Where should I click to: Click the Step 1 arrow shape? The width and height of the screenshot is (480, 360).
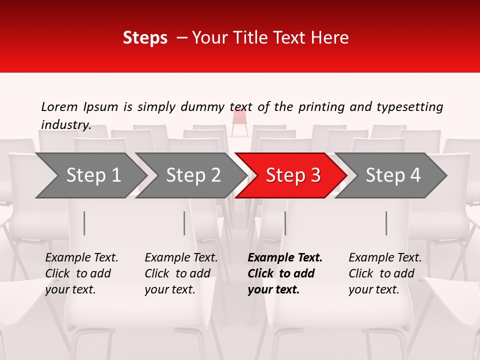point(92,175)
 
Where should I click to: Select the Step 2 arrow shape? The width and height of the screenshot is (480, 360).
point(192,175)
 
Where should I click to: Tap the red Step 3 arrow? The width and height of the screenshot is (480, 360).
point(292,175)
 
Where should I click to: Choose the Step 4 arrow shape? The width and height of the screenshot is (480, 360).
point(392,175)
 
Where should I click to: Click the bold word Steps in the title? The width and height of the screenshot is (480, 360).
point(145,38)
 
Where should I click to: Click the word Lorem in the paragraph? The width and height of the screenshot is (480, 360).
point(59,106)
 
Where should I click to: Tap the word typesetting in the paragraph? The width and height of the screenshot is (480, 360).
point(409,106)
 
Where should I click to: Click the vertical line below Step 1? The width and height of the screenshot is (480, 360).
point(84,223)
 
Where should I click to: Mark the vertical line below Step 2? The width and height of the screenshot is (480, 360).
point(184,223)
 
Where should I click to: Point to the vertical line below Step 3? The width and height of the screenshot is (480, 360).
point(285,223)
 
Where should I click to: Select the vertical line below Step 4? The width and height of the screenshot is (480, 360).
point(386,223)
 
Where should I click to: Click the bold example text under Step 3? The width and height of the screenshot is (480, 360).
point(284,273)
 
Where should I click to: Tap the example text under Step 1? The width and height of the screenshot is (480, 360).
point(81,273)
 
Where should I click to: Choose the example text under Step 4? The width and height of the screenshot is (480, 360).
point(384,273)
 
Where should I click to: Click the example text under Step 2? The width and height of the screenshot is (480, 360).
point(180,273)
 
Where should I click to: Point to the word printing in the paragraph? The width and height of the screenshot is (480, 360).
point(322,106)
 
